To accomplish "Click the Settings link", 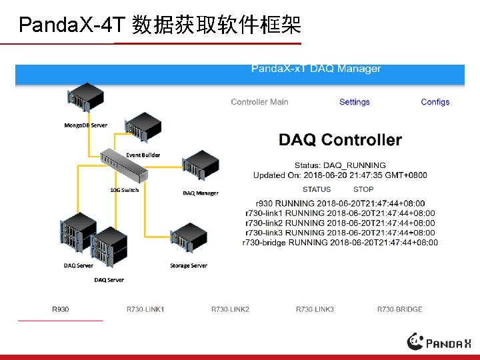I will (354, 102).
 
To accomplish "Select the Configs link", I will (435, 102).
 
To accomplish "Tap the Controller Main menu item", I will (259, 102).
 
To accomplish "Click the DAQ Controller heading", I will (340, 140).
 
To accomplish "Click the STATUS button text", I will (317, 189).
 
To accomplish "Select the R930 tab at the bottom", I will (61, 309).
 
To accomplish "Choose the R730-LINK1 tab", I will (145, 309).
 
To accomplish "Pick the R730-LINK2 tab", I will (230, 309).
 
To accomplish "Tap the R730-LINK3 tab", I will (315, 309).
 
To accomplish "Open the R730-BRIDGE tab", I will (400, 309).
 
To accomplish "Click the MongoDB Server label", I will (85, 125).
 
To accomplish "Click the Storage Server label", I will (189, 265).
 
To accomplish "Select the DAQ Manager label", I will (201, 193).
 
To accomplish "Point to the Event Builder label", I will (143, 155).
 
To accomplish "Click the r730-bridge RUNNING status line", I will (340, 243).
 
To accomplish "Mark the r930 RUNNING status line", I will (340, 203).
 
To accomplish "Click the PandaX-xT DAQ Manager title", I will (316, 69).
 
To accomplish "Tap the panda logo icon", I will (416, 341).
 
